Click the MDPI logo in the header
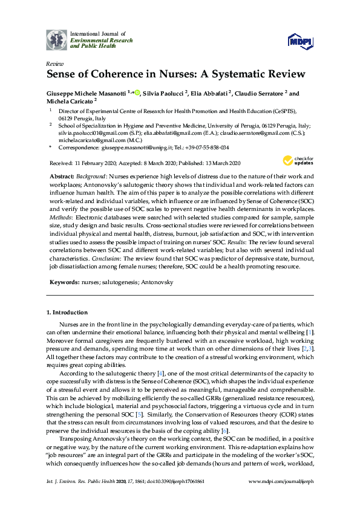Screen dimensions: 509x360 [x=301, y=40]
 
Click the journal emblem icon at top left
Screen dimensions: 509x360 [x=56, y=39]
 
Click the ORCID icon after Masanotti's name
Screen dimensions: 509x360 [x=137, y=93]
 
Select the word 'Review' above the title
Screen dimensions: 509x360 [x=54, y=63]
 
